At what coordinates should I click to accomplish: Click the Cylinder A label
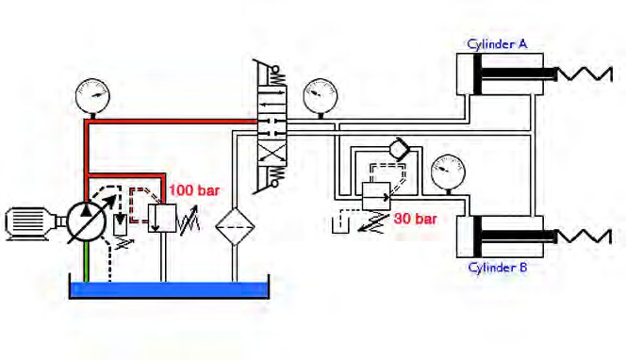(497, 44)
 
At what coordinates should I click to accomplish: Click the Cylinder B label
(498, 267)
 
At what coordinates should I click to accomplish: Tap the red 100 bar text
(194, 190)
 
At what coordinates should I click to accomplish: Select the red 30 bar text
(416, 219)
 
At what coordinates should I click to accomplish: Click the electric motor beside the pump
(32, 223)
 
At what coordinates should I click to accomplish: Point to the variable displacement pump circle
(86, 221)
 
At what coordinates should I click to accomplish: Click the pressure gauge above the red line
(92, 95)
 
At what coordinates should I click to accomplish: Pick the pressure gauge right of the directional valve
(321, 96)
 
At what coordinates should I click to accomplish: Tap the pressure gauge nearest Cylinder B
(449, 172)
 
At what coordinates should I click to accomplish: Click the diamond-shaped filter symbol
(235, 227)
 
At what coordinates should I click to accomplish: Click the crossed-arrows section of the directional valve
(272, 155)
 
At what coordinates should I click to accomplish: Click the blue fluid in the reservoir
(169, 289)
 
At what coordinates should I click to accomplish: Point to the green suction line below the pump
(86, 262)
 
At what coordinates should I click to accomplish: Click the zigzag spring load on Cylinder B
(584, 237)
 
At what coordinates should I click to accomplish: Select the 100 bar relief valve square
(162, 218)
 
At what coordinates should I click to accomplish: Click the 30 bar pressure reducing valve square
(376, 196)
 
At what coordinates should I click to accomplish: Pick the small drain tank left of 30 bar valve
(340, 225)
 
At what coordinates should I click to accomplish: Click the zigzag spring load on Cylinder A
(585, 74)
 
